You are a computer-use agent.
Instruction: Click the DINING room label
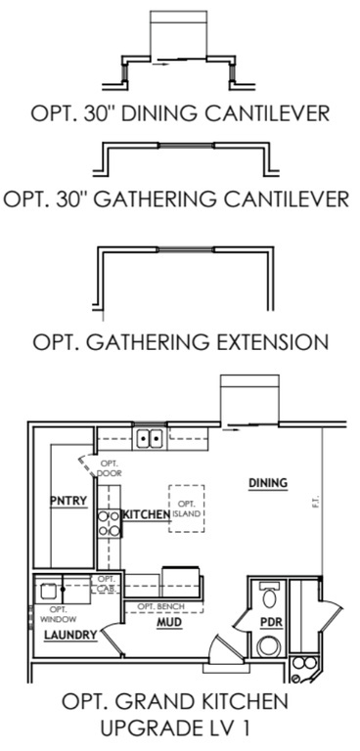pyautogui.click(x=267, y=482)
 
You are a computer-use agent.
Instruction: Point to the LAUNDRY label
pyautogui.click(x=70, y=636)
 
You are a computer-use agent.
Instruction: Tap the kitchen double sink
pyautogui.click(x=150, y=438)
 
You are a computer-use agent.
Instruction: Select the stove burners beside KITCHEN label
pyautogui.click(x=107, y=523)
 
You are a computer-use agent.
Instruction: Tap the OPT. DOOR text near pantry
pyautogui.click(x=109, y=467)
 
